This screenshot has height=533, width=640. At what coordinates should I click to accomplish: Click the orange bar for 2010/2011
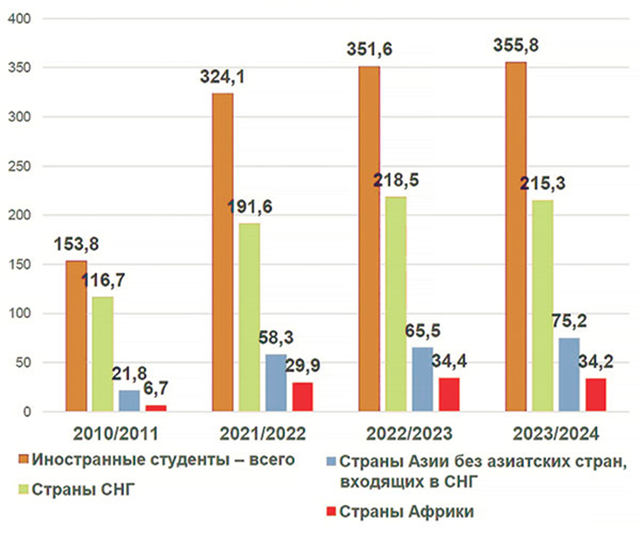click(76, 336)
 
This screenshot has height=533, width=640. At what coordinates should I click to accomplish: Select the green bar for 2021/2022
click(249, 317)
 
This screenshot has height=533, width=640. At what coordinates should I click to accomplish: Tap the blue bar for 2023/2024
click(570, 375)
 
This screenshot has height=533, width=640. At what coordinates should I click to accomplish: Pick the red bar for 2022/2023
click(449, 394)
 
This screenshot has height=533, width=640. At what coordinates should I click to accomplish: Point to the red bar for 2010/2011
click(156, 408)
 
